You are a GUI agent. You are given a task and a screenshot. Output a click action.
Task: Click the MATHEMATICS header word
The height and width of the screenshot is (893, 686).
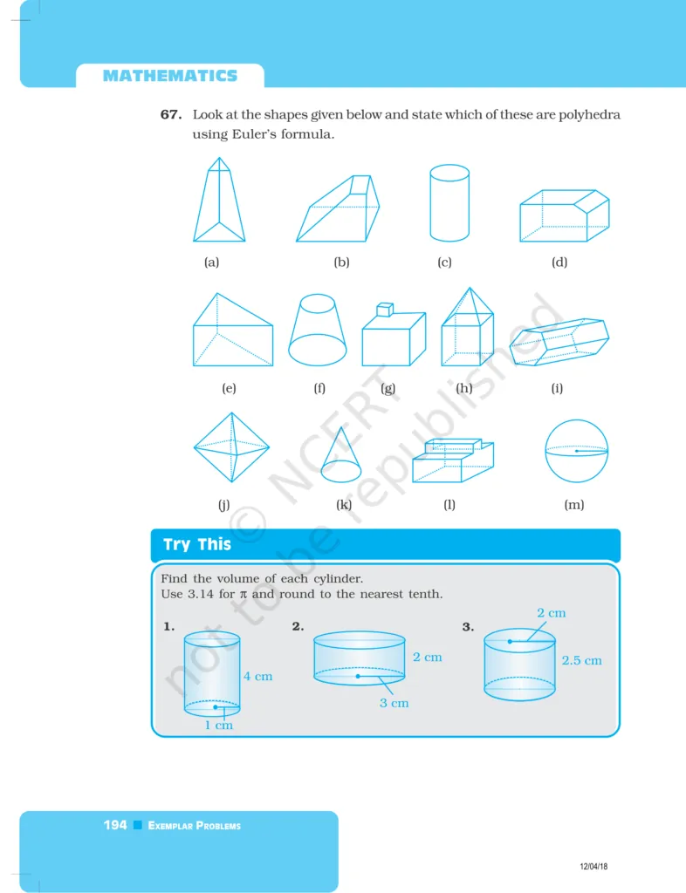tap(169, 76)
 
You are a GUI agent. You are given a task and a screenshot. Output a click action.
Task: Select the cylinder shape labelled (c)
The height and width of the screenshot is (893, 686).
tap(449, 203)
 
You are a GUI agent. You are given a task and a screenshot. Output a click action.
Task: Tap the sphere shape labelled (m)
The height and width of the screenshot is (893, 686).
tap(576, 451)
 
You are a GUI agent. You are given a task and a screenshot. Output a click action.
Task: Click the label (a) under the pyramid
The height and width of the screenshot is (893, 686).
tap(211, 262)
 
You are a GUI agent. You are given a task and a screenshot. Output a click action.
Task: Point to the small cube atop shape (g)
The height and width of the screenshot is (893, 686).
tap(383, 310)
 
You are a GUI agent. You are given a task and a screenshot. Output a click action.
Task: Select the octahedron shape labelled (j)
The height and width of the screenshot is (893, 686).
tap(231, 446)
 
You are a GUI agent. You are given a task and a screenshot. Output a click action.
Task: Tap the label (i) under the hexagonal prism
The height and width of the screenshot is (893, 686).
tap(557, 388)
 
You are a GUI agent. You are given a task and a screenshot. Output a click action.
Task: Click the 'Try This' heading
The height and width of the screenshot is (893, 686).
tap(197, 545)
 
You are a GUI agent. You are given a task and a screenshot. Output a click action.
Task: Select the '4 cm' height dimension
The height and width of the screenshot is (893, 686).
tap(257, 676)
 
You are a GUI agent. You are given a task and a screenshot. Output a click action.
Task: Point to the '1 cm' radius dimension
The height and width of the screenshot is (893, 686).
tap(219, 725)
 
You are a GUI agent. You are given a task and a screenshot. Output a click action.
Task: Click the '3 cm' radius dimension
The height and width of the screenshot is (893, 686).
tap(394, 702)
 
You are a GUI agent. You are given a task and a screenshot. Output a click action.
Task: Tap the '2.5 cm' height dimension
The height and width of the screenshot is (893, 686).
tap(582, 660)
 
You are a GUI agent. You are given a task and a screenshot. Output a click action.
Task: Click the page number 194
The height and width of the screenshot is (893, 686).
tap(115, 825)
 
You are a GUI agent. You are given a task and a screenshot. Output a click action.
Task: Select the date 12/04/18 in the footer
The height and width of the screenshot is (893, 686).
tap(593, 866)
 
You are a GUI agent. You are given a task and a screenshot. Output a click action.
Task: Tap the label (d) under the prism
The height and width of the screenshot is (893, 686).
tap(559, 262)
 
